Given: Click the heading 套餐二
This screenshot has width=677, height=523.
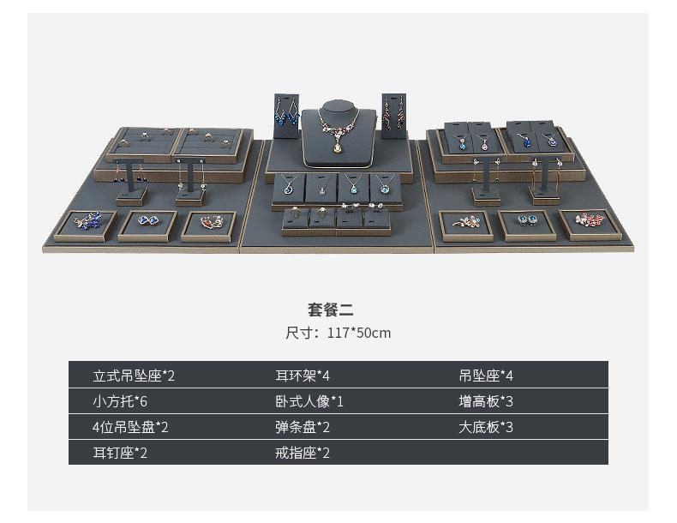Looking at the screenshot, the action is point(330,310).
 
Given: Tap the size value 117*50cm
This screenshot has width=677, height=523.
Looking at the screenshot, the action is point(358,333).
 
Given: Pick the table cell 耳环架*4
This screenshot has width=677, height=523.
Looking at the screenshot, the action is point(302,376).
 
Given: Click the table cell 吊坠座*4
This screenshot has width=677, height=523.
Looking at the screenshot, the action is point(485,376).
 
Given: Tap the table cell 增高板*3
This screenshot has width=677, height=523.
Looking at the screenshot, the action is point(485,401).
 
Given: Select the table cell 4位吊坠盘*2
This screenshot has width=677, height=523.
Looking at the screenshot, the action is point(130,427).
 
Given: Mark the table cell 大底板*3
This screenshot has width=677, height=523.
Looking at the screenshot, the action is point(485,427).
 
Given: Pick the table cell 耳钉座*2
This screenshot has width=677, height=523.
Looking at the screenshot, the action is point(120,453).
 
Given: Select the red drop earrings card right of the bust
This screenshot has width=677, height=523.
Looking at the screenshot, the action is point(394,114).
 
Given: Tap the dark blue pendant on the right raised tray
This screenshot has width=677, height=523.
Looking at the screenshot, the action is point(524,140).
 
